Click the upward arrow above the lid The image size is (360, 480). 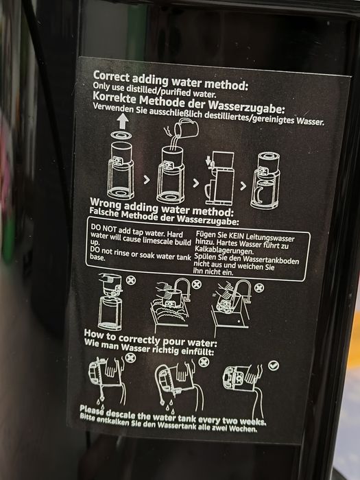coord(123,121)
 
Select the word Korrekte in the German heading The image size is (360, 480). coord(115,98)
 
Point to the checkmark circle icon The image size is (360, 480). coord(274,365)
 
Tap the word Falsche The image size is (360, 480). coord(104,212)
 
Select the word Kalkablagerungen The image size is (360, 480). coord(224,250)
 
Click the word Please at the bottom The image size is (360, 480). coord(91,410)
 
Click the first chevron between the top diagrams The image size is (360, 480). coord(147,180)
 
